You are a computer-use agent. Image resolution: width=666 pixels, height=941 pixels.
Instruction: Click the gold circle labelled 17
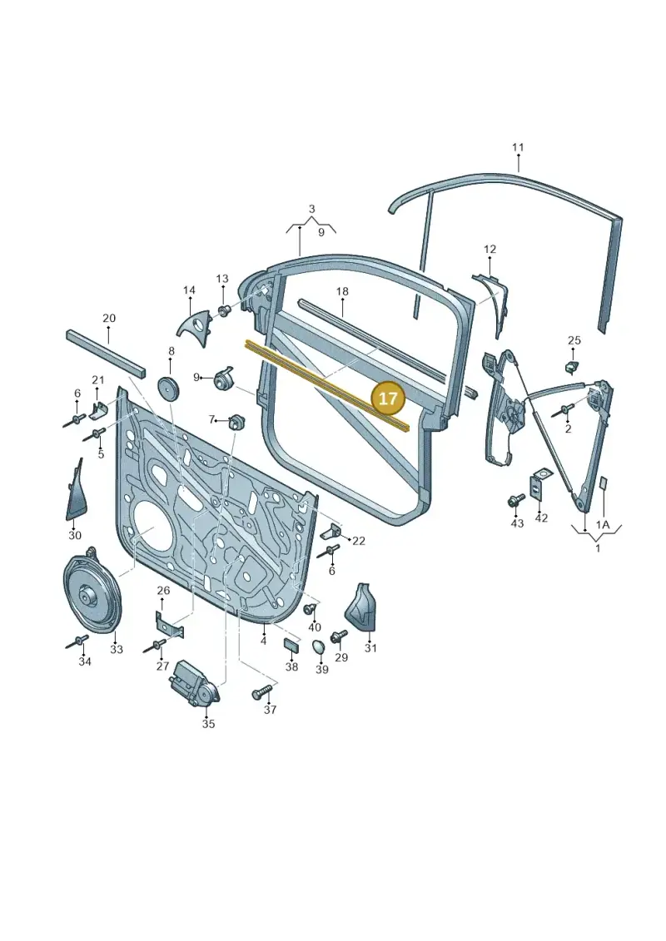(388, 399)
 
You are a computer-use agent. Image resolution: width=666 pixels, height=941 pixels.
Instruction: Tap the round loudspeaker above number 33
(92, 591)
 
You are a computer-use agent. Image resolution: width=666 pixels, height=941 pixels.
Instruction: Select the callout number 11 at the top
(518, 147)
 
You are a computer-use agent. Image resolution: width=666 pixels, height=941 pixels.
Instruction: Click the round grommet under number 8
(169, 387)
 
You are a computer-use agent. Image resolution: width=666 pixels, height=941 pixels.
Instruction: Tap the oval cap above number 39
(319, 647)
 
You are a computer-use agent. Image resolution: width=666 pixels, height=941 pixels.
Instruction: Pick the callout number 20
(109, 318)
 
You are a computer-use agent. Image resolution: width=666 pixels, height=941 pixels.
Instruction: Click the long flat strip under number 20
(106, 353)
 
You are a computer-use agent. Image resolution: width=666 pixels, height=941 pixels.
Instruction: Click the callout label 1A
(603, 524)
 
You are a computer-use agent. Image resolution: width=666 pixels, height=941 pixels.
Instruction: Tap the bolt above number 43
(516, 501)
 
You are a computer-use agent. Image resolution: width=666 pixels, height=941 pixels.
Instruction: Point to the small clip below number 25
(572, 366)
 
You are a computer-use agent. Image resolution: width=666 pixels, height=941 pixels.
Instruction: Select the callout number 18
(341, 292)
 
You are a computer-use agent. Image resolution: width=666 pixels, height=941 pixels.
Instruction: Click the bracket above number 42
(538, 486)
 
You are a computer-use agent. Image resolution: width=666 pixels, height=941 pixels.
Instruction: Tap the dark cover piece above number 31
(361, 607)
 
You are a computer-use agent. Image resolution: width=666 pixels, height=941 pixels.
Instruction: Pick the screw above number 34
(77, 643)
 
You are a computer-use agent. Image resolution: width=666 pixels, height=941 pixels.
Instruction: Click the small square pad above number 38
(291, 646)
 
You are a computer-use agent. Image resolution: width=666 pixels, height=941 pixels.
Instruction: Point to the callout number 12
(490, 249)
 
